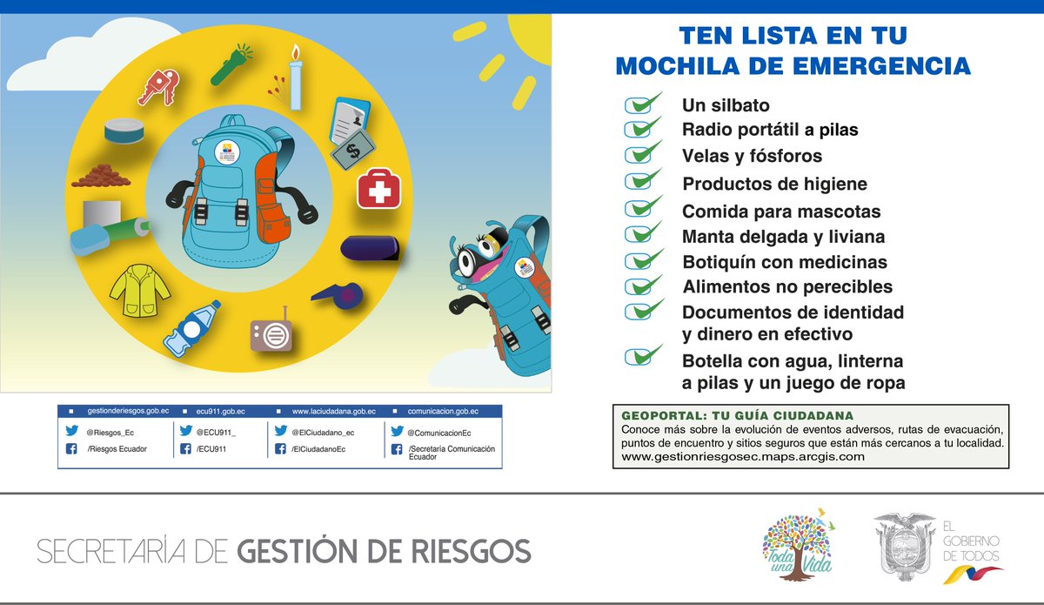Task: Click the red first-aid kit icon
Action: pos(378,188)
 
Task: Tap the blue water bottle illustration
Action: pos(193,328)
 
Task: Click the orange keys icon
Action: pos(160,87)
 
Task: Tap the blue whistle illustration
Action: pos(340,293)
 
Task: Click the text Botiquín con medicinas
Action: pos(785,262)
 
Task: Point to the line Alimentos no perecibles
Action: pos(787,286)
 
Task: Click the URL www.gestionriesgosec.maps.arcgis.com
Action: pos(743,456)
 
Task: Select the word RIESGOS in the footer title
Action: pos(469,551)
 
